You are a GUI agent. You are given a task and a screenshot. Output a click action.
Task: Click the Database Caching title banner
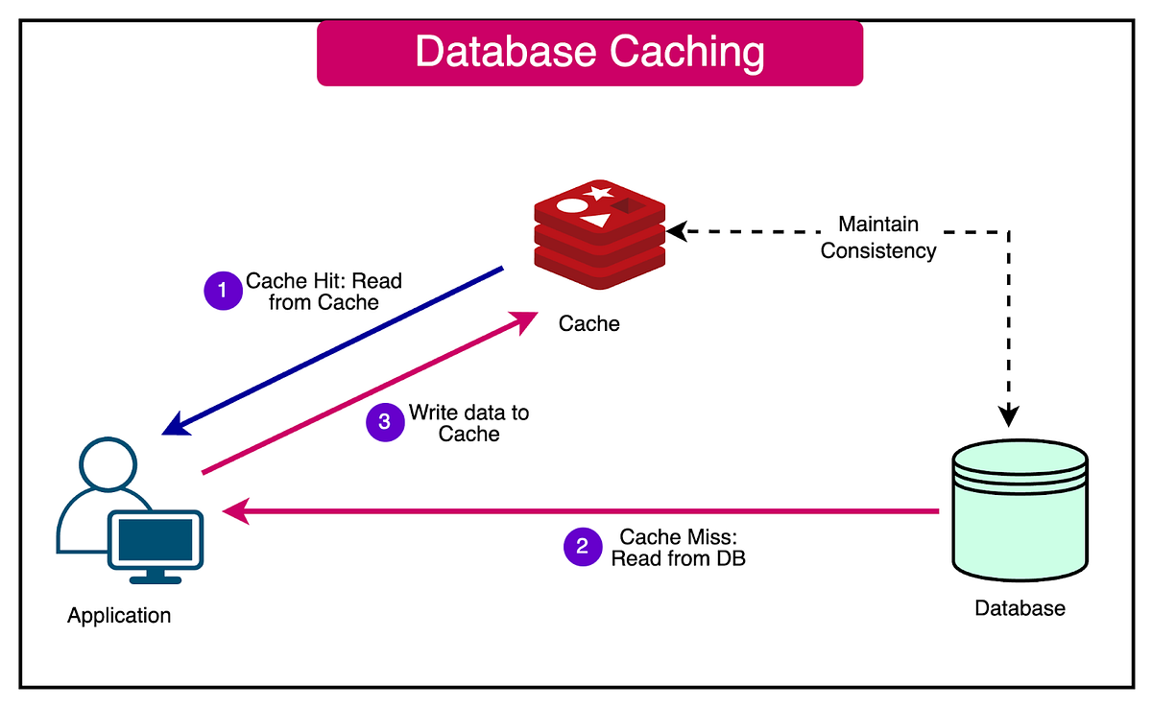(589, 53)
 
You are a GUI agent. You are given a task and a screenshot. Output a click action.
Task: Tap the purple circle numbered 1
(223, 291)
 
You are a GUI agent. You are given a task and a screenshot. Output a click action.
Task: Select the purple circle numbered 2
(582, 547)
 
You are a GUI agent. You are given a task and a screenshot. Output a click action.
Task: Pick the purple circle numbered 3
(385, 422)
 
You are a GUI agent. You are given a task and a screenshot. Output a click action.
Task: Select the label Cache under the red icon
(589, 324)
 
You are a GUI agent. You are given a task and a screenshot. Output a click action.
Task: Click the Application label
(119, 616)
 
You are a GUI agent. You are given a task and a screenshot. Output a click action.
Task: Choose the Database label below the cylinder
(1020, 609)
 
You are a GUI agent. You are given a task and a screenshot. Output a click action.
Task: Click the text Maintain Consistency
(878, 238)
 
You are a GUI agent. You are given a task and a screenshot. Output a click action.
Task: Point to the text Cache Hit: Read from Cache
(324, 292)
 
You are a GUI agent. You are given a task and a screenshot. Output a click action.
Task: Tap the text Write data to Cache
(468, 423)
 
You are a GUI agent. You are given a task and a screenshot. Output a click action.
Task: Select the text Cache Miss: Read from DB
(678, 547)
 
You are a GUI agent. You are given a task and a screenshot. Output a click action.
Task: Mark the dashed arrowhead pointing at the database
(1008, 415)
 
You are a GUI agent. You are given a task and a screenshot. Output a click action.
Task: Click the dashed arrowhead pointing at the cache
(677, 231)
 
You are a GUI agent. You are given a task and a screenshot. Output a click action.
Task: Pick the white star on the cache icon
(599, 193)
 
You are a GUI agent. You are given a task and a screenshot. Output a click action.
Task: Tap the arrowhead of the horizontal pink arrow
(233, 512)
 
